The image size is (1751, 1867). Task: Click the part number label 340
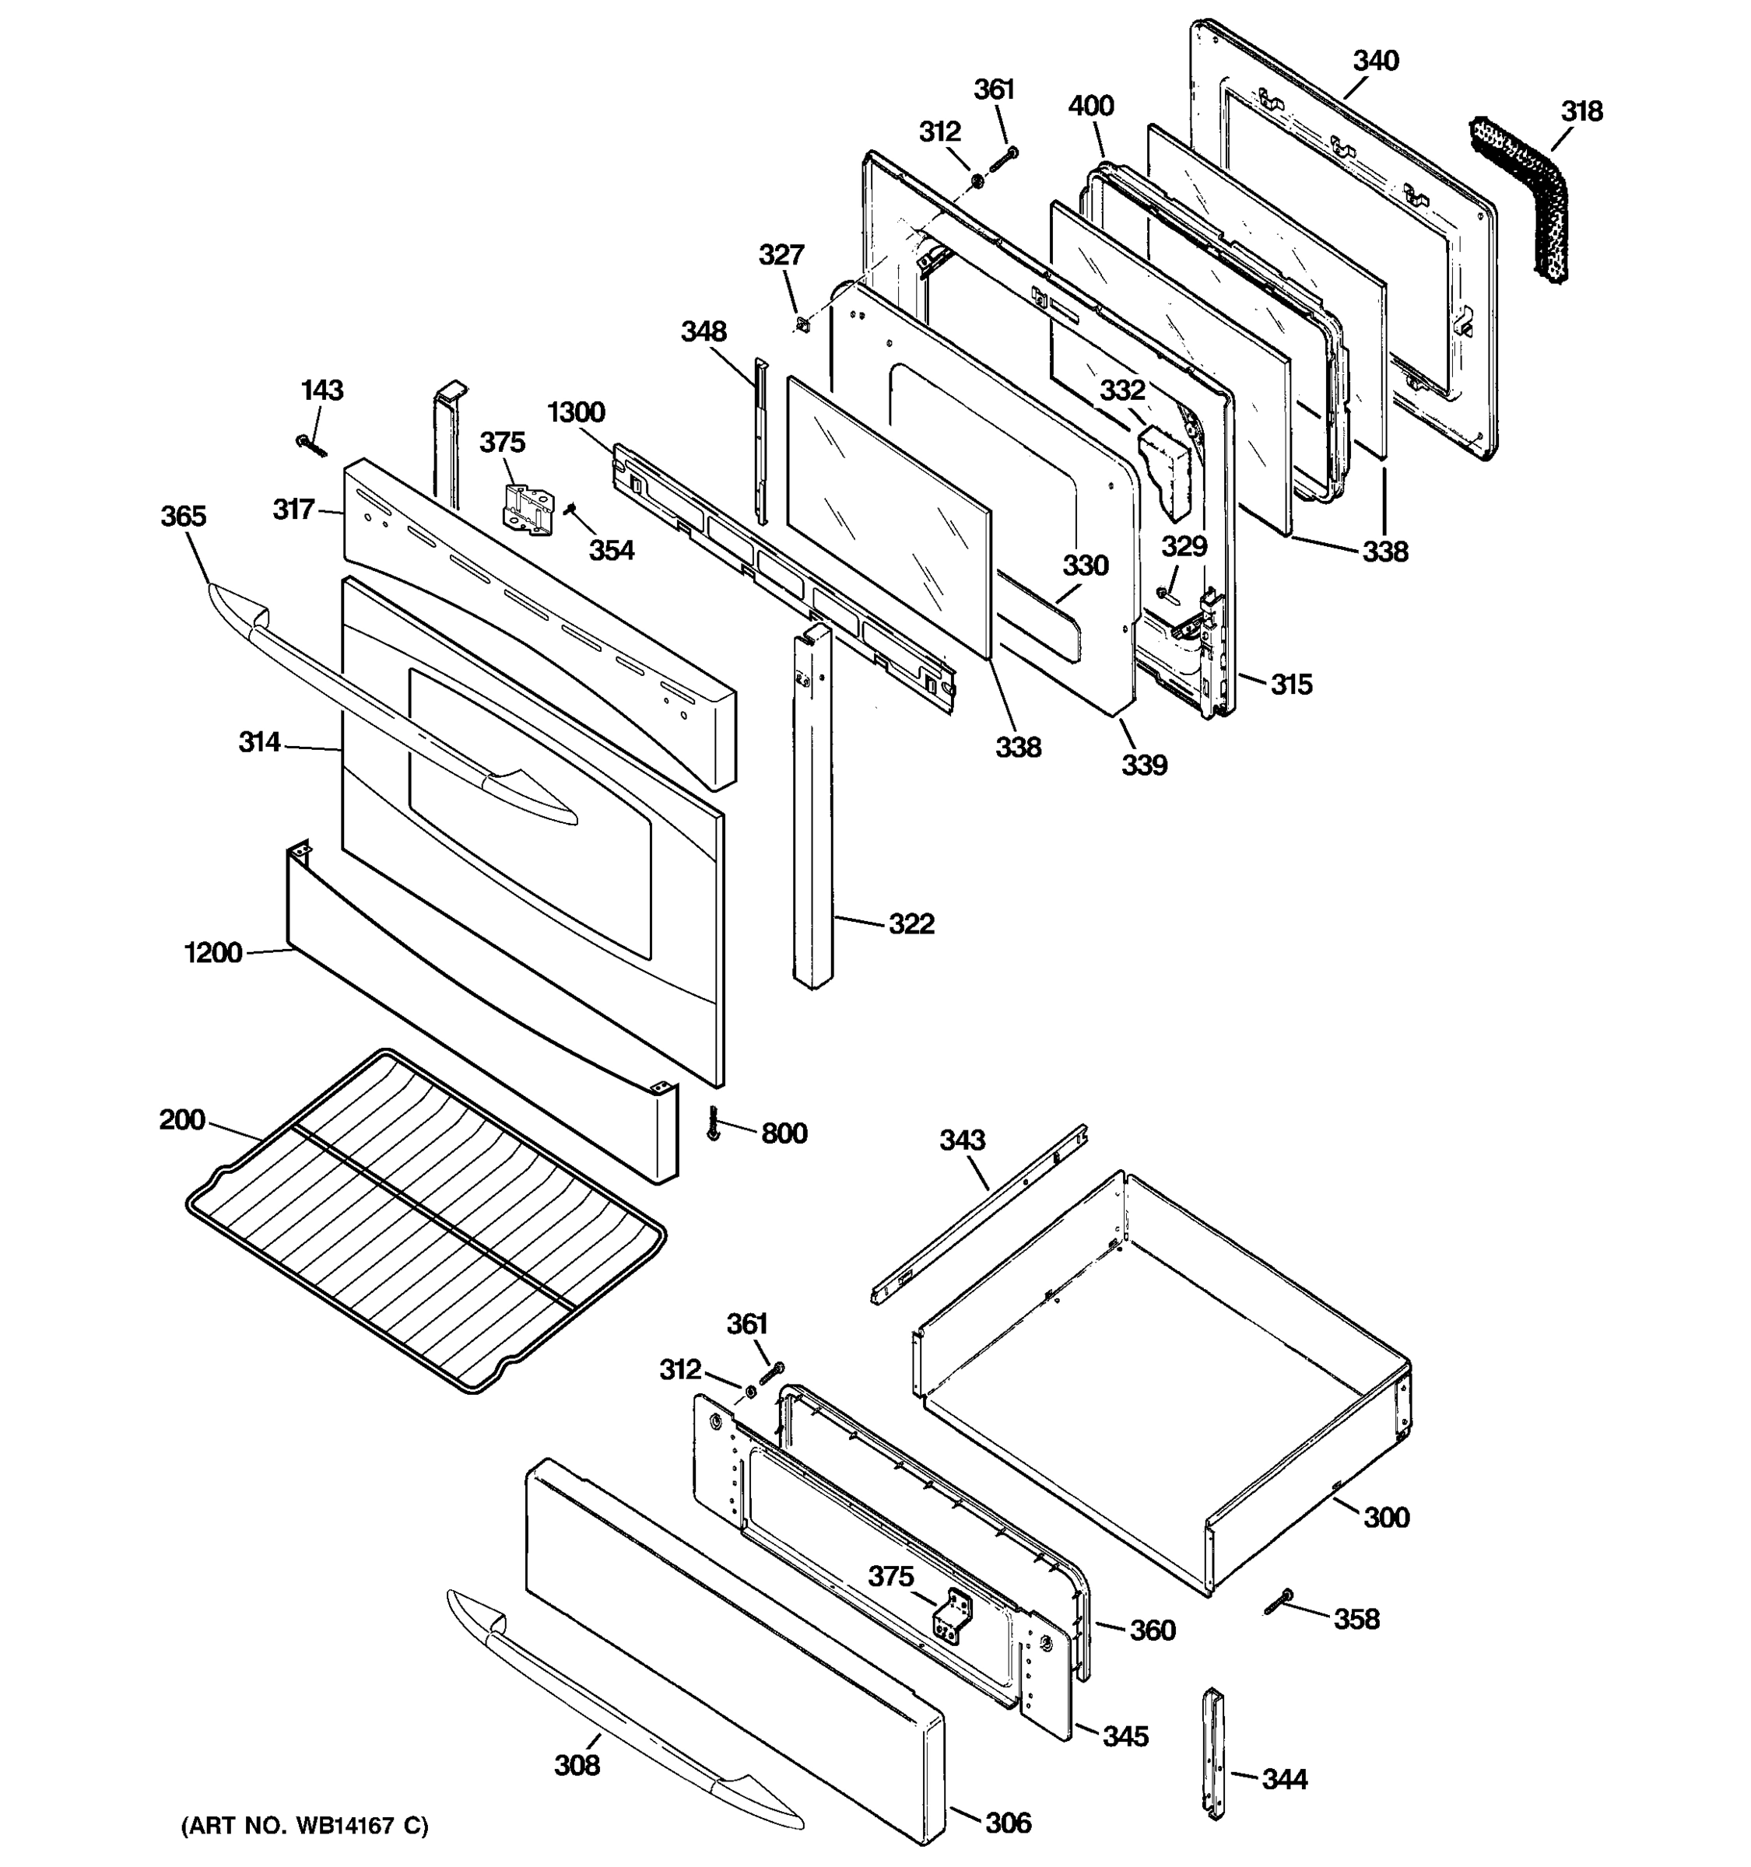pyautogui.click(x=1375, y=61)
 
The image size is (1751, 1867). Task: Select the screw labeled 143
pyautogui.click(x=310, y=445)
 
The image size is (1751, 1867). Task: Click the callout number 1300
pyautogui.click(x=576, y=412)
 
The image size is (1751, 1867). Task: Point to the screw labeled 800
pyautogui.click(x=713, y=1124)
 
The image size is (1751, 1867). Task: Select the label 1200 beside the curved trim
pyautogui.click(x=213, y=953)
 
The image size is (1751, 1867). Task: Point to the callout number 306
pyautogui.click(x=1008, y=1823)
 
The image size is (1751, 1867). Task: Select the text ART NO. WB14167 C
pyautogui.click(x=304, y=1826)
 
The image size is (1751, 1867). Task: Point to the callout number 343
pyautogui.click(x=962, y=1140)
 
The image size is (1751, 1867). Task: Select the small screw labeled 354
pyautogui.click(x=569, y=508)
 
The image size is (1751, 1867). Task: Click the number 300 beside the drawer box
pyautogui.click(x=1385, y=1517)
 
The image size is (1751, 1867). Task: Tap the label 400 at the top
pyautogui.click(x=1090, y=106)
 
